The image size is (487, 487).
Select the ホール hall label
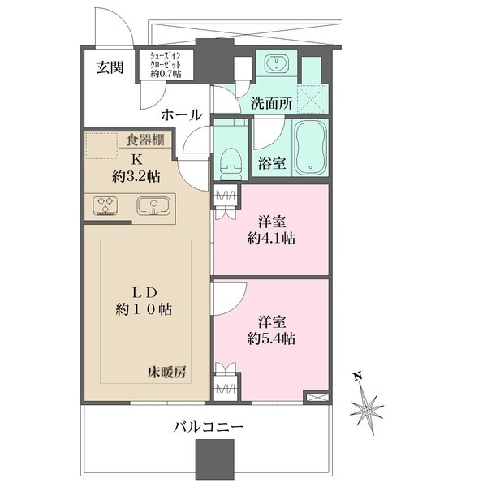[x=180, y=115]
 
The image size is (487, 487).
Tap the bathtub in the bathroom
[x=310, y=148]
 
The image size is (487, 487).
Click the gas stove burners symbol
[x=105, y=206]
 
